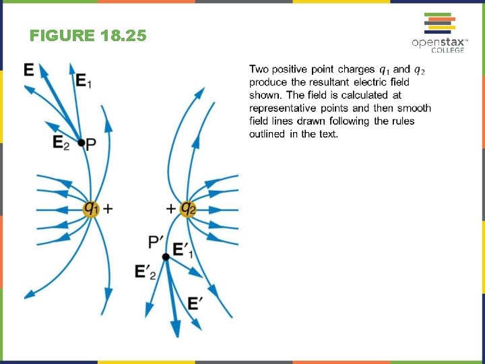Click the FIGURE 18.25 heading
88,36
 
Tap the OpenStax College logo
439,33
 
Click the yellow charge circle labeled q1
91,208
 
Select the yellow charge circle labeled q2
189,208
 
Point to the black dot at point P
82,143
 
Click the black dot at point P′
166,256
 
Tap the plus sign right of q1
108,209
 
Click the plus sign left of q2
171,208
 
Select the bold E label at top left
29,69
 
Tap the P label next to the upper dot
92,143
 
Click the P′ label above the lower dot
156,241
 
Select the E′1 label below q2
183,250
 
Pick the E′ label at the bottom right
195,304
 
